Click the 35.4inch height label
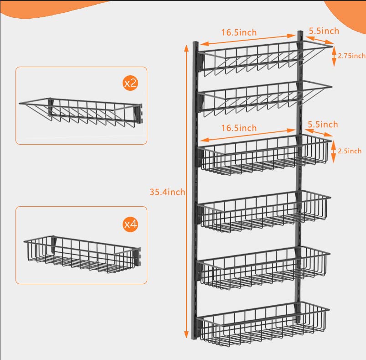[x=167, y=192]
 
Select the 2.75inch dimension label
[x=351, y=56]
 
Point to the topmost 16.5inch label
[x=239, y=32]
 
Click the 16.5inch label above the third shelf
[x=239, y=128]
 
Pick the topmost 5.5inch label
[x=324, y=31]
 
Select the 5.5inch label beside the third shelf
[x=323, y=124]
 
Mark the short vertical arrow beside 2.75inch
[x=334, y=56]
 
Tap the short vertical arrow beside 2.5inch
[x=334, y=151]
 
